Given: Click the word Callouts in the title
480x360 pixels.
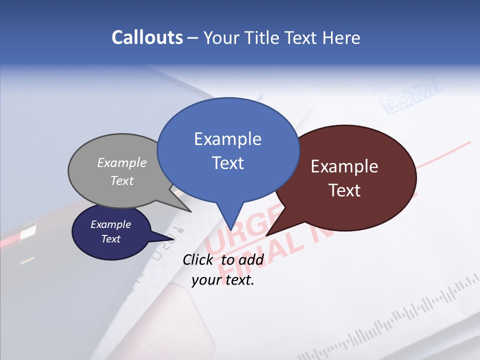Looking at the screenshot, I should pos(147,37).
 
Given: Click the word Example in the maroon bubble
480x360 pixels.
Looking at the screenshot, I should pos(344,166).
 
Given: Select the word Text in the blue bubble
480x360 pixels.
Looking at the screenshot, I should pos(228,163).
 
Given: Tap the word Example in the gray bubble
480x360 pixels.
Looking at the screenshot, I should pos(122,162).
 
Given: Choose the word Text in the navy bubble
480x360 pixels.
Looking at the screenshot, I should pos(111,239).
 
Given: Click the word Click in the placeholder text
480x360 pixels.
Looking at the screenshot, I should pos(199,259).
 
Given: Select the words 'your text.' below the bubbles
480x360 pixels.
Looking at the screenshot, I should pos(223,280).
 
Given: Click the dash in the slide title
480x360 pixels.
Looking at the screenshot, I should pos(192,38).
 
